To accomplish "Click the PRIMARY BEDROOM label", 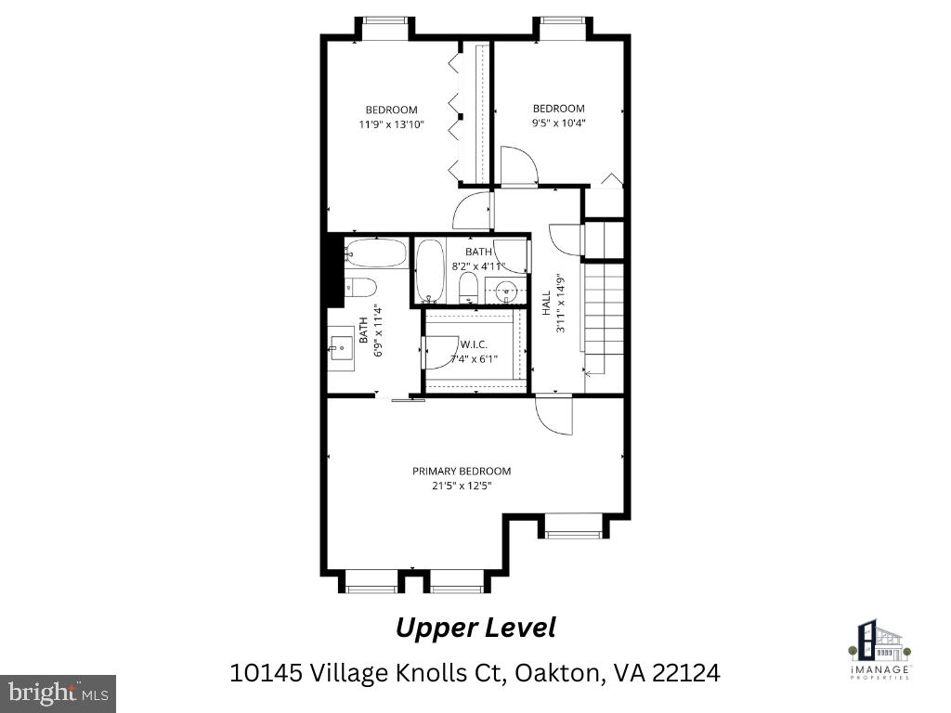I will pos(462,471).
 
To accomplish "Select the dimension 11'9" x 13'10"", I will pos(391,123).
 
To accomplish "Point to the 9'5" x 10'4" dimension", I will pos(558,122).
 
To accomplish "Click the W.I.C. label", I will pos(474,344).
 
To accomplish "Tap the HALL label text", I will pos(546,303).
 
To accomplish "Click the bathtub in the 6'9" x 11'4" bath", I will pos(376,253).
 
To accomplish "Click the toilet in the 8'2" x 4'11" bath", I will pos(468,289).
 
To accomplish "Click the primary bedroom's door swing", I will pos(554,415).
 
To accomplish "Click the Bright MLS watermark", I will pos(58,693).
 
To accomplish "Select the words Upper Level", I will pos(475,628).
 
